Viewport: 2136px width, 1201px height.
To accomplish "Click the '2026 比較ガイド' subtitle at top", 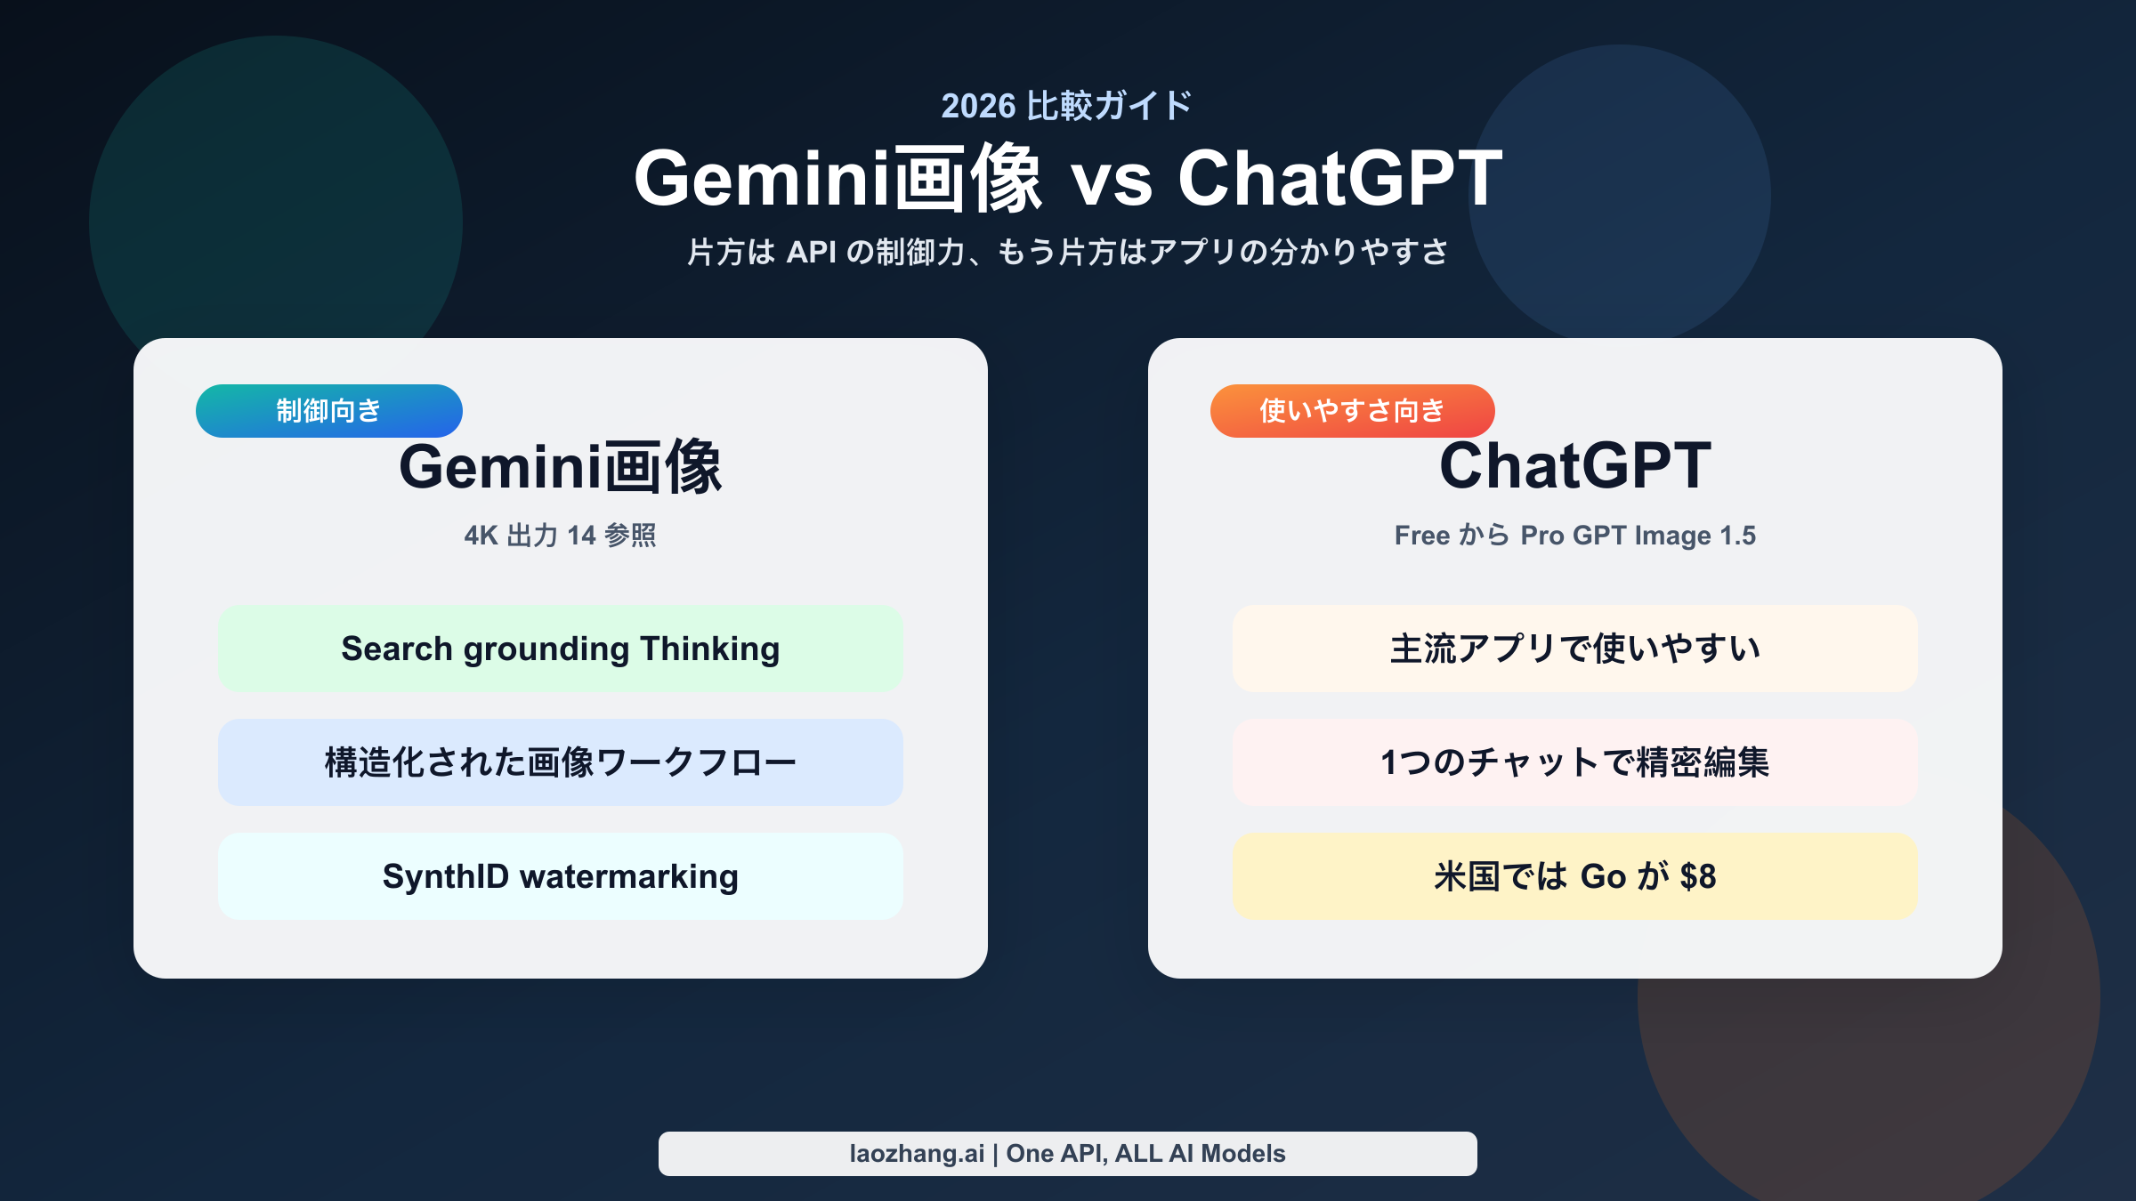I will click(1066, 106).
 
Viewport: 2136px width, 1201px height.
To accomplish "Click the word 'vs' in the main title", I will click(1112, 181).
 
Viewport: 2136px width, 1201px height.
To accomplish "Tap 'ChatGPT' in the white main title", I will click(1339, 179).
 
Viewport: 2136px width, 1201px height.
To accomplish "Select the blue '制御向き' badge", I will click(328, 411).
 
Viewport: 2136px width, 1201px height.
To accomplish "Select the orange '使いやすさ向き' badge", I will click(1351, 411).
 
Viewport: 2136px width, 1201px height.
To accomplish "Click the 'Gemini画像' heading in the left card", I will click(560, 467).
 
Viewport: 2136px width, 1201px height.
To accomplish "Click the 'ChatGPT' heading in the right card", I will click(1574, 465).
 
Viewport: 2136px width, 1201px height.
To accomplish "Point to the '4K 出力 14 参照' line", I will click(560, 536).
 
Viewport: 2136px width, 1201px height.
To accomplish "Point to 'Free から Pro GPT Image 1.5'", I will click(1574, 536).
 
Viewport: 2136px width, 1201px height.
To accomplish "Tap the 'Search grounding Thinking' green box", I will click(560, 649).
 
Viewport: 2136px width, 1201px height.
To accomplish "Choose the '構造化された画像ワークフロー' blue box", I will click(560, 762).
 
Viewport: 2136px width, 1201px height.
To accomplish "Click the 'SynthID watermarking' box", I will click(560, 876).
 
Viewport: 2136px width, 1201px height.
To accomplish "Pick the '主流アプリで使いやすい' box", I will click(1574, 649).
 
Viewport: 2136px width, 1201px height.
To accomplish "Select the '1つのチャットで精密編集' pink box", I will click(1574, 762).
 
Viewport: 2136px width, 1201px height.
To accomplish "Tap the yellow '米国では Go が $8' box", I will click(1574, 876).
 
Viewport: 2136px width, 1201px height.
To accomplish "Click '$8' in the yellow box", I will click(1697, 877).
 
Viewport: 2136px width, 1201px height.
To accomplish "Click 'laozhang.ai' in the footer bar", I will click(916, 1154).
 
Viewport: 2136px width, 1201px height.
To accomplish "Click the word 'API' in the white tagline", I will click(811, 253).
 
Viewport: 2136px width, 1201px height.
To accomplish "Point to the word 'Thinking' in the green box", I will click(709, 649).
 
